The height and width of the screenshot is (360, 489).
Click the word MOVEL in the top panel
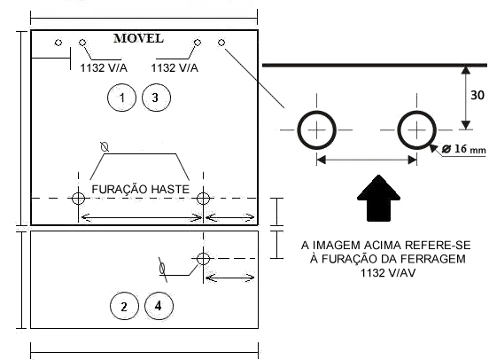[x=138, y=38]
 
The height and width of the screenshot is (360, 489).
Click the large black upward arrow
[x=378, y=198]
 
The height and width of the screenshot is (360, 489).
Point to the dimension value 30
[x=477, y=95]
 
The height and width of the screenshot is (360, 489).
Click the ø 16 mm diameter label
[x=464, y=149]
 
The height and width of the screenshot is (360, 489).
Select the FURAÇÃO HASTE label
[x=140, y=189]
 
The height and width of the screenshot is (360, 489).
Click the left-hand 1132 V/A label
[x=104, y=67]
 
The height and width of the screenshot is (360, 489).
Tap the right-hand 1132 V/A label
[x=175, y=67]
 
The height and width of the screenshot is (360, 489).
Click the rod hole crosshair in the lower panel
[x=203, y=259]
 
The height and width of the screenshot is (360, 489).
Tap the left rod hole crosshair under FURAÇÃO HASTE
[x=78, y=198]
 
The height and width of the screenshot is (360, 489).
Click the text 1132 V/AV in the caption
[x=388, y=273]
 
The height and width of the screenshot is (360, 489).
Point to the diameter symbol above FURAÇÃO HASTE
[x=105, y=146]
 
